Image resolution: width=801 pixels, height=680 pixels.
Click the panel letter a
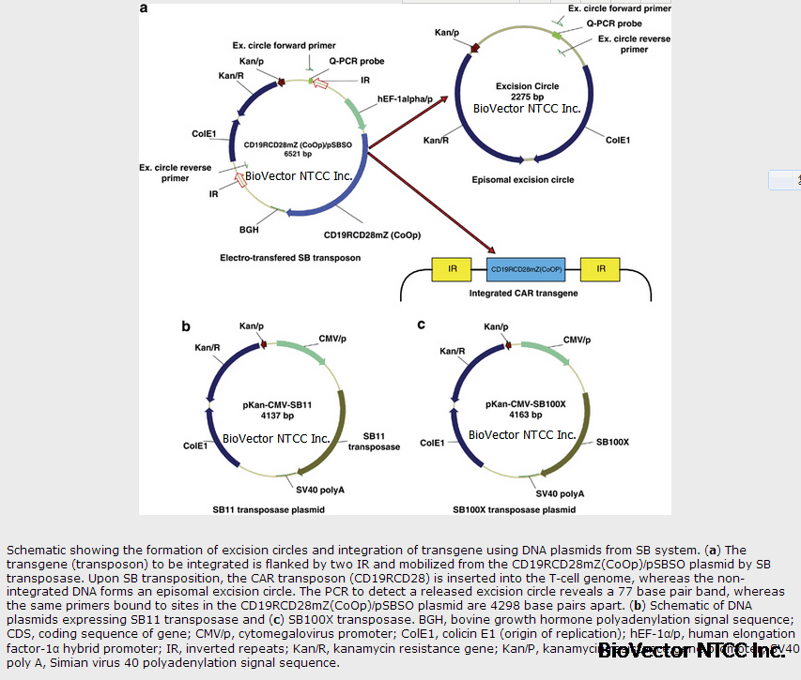(x=145, y=8)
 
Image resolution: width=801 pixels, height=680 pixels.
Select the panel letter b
(x=186, y=326)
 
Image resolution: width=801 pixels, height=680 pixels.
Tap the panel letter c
(x=421, y=325)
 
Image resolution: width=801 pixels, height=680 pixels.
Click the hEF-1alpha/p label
(x=404, y=98)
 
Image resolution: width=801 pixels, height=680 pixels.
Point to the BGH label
(x=249, y=228)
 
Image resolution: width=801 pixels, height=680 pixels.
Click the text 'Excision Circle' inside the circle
(x=527, y=86)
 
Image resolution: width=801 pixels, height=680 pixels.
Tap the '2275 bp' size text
(x=527, y=97)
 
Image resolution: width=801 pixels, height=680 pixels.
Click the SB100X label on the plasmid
(x=612, y=441)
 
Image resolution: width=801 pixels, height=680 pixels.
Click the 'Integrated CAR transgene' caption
(x=524, y=294)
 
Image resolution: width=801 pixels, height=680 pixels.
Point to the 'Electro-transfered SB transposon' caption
(x=290, y=257)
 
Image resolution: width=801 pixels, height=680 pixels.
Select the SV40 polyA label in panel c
(x=560, y=492)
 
